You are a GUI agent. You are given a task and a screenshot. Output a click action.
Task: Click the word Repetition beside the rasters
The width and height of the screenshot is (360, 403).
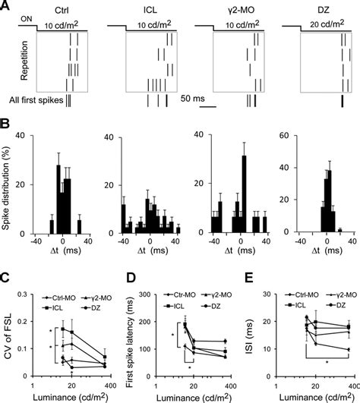point(14,61)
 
